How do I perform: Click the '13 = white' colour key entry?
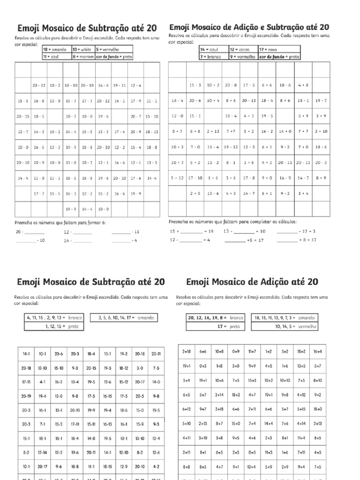coord(82,49)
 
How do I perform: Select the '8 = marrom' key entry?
coord(82,56)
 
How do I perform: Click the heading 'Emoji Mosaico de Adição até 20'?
coord(252,282)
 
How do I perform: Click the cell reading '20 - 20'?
coord(119,178)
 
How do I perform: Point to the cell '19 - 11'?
coord(120,85)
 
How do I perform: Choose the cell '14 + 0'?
coord(285,132)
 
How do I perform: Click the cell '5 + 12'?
coord(177,178)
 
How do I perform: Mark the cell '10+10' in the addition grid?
coord(285,381)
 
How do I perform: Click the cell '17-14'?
coord(43,453)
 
